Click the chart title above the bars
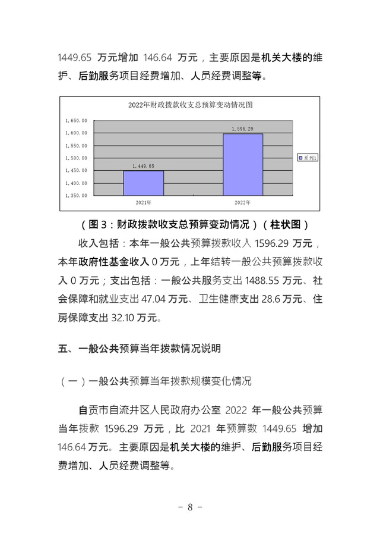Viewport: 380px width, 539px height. [x=191, y=105]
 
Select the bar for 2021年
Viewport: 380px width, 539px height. [x=144, y=183]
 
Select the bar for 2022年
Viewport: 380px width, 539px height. [x=243, y=164]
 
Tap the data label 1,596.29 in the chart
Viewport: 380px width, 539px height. [x=242, y=129]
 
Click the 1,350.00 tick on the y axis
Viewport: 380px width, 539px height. [x=77, y=195]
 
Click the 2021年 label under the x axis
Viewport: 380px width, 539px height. [x=144, y=203]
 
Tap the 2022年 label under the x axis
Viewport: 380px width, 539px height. [x=242, y=203]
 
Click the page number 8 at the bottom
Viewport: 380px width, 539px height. [x=190, y=507]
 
